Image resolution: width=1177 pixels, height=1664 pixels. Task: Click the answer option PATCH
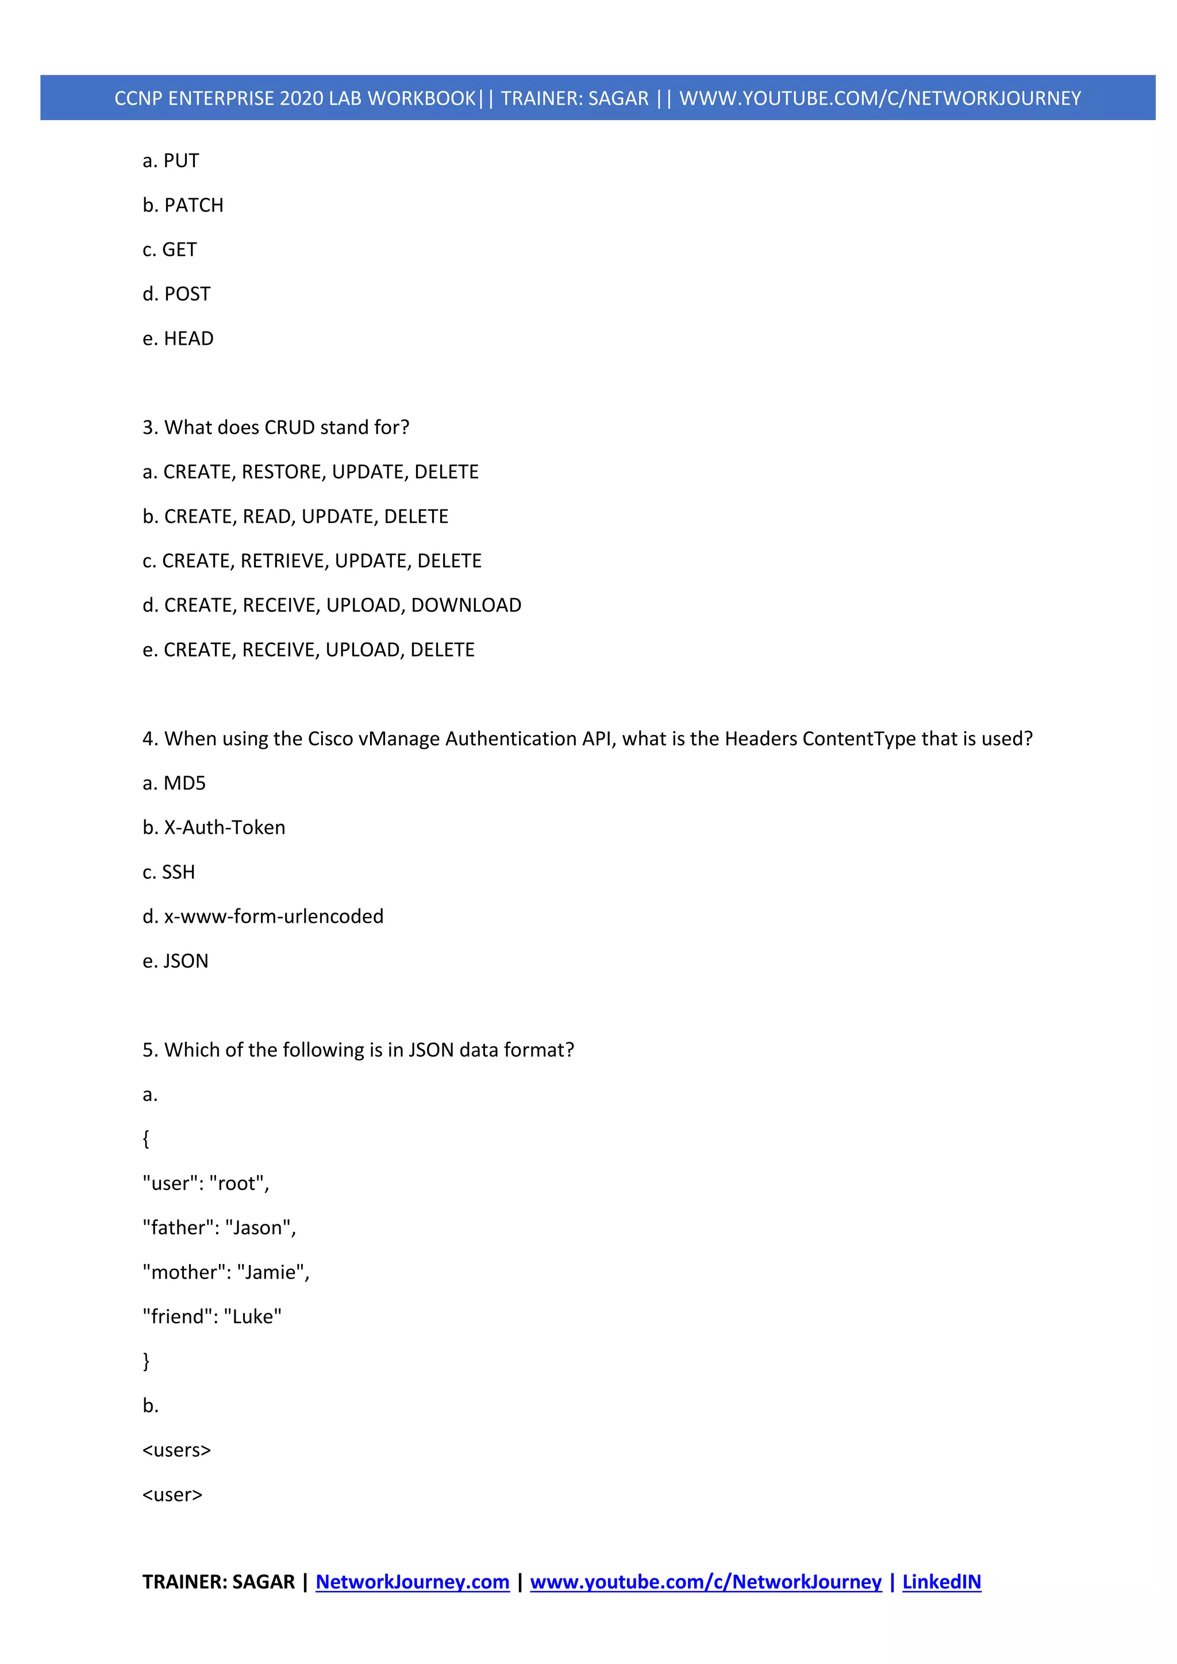(x=194, y=206)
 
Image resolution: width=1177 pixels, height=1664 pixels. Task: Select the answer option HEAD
(x=189, y=339)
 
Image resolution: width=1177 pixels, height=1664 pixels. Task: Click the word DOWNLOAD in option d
(x=466, y=606)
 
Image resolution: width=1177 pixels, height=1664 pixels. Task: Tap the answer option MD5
(x=185, y=783)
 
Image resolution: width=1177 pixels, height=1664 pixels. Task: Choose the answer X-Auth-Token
(x=225, y=827)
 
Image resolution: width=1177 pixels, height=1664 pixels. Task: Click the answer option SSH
(x=178, y=873)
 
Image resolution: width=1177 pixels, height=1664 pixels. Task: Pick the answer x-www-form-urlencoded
(x=274, y=917)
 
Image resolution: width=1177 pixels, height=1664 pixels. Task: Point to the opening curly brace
(x=147, y=1139)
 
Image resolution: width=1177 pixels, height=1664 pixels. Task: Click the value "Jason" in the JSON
(x=258, y=1228)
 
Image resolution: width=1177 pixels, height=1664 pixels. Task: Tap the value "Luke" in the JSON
(x=253, y=1317)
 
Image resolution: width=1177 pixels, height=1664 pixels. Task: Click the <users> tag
(x=177, y=1450)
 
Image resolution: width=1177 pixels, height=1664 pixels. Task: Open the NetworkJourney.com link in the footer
(x=413, y=1582)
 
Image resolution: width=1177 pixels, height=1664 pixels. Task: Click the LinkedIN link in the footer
(x=941, y=1582)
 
